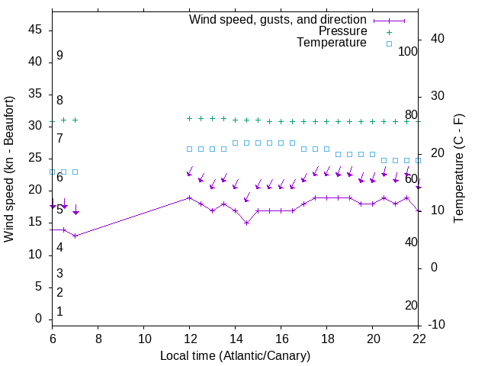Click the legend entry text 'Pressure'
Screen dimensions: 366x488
click(342, 31)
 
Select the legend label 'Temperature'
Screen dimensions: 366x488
click(332, 43)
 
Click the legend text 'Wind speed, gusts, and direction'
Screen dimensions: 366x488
click(278, 19)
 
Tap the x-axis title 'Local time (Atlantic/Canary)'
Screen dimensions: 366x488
click(235, 355)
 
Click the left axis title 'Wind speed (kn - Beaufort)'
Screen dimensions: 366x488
click(9, 169)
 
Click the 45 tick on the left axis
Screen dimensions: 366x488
click(35, 30)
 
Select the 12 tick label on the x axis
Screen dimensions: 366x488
click(189, 339)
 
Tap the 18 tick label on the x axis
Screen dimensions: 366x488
click(326, 339)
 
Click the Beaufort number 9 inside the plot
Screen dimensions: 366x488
click(59, 56)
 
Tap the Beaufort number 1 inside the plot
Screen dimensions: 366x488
click(59, 312)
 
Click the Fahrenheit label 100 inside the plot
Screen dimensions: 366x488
click(408, 52)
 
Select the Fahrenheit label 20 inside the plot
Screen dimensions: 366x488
click(411, 306)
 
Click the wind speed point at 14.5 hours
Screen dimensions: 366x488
click(246, 223)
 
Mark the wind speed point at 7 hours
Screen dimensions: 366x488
click(75, 236)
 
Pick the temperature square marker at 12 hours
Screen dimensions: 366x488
click(189, 149)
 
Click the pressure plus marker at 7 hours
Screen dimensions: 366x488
click(75, 120)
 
